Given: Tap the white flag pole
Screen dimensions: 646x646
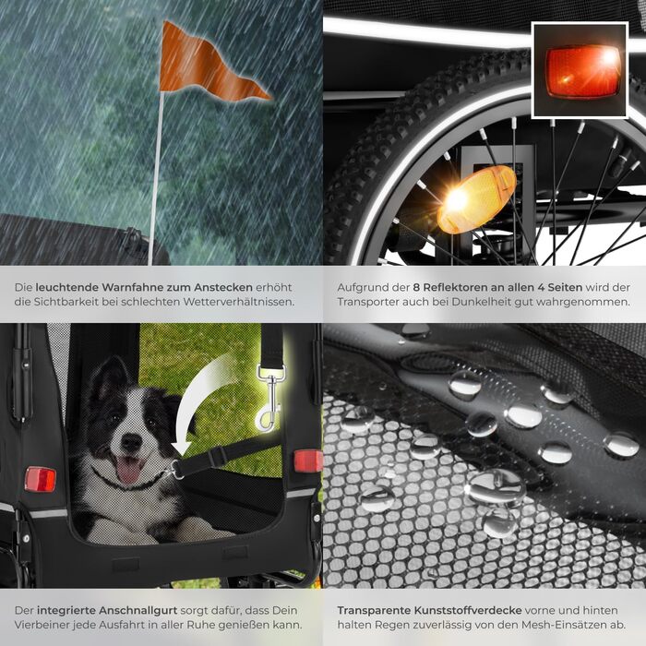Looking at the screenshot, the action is [x=156, y=178].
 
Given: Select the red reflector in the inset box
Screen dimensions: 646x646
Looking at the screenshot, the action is [x=582, y=71].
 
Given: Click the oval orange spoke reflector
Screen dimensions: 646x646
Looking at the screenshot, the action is [x=476, y=199].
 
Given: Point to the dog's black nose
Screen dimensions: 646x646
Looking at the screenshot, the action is [x=131, y=442].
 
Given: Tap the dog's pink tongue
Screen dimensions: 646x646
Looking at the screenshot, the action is [x=129, y=470].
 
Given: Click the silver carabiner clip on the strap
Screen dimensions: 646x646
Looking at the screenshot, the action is [x=269, y=398].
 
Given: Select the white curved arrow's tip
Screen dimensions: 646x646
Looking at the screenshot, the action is [x=181, y=454].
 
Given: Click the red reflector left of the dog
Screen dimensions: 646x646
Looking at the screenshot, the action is [x=40, y=479].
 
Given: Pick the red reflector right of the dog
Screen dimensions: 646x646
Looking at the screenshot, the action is [x=308, y=461].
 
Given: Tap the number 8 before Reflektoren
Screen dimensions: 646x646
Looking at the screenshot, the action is [x=416, y=287].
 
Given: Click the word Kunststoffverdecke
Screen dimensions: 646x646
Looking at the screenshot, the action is [x=468, y=610].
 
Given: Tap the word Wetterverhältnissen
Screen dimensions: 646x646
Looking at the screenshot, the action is [x=239, y=302].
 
